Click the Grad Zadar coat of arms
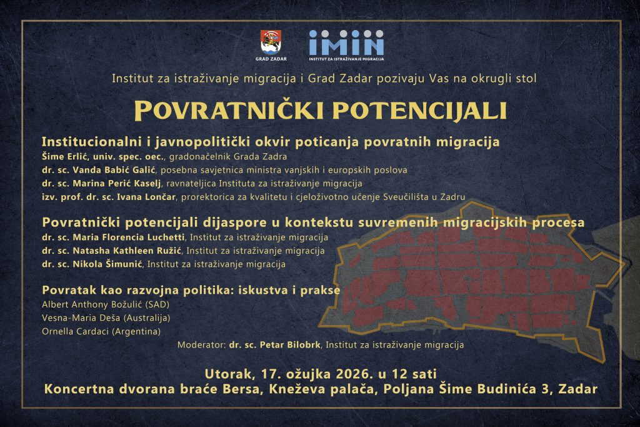(x=271, y=43)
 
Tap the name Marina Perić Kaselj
(x=117, y=183)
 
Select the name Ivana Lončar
(x=146, y=197)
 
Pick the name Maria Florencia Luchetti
(x=129, y=237)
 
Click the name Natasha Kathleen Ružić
(x=127, y=251)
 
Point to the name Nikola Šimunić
(x=107, y=264)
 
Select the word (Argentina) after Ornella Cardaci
(x=136, y=331)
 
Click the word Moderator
(x=201, y=345)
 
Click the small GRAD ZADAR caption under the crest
(x=271, y=59)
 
